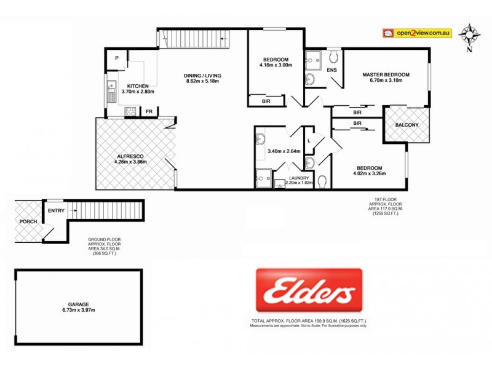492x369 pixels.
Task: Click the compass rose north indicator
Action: [x=470, y=35]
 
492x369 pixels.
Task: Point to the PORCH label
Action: [x=27, y=221]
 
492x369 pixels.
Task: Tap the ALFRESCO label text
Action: [x=130, y=156]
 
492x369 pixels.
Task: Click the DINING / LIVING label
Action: [x=202, y=76]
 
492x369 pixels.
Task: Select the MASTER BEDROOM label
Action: [x=386, y=74]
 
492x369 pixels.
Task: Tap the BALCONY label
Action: [x=407, y=125]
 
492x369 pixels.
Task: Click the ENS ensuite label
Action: [x=331, y=70]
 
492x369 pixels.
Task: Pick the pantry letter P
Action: [x=116, y=58]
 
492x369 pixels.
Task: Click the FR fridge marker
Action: [x=149, y=112]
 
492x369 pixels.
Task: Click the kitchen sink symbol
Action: [x=111, y=92]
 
